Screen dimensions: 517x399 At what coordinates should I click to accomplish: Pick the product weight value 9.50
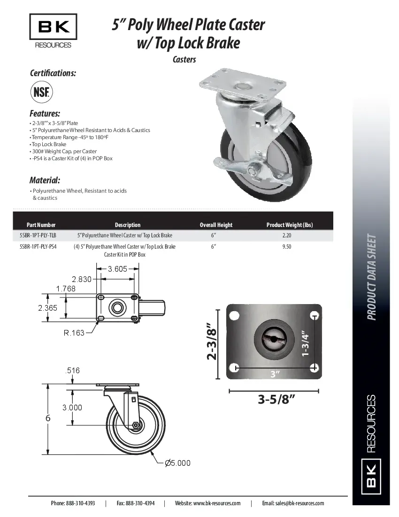(x=287, y=246)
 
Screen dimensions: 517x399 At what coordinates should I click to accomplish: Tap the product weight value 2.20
(x=287, y=235)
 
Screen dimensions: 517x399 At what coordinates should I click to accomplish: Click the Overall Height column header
(x=216, y=225)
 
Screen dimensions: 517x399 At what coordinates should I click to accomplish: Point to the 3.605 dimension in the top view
(x=117, y=269)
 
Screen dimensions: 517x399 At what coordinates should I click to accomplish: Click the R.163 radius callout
(x=74, y=333)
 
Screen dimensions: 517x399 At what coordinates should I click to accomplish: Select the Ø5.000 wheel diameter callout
(x=177, y=463)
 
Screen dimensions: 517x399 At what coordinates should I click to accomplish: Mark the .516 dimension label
(x=72, y=371)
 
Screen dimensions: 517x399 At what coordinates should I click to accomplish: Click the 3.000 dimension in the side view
(x=72, y=407)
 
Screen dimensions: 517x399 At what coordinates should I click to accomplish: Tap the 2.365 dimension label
(x=48, y=308)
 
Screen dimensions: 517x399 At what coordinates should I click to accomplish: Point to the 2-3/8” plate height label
(x=213, y=343)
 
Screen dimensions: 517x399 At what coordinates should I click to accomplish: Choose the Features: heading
(x=45, y=114)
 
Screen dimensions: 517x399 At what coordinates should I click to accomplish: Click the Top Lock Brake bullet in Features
(x=49, y=144)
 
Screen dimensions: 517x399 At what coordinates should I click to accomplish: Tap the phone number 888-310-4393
(x=80, y=503)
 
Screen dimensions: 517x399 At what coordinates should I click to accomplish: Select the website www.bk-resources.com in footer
(x=216, y=503)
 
